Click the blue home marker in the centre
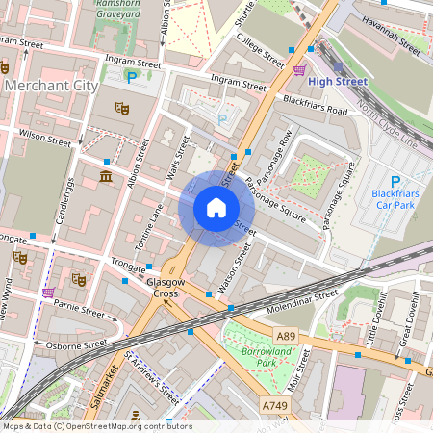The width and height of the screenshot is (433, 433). coord(216,208)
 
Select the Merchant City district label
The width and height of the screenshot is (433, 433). coord(51,87)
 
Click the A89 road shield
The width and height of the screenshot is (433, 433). coord(285,337)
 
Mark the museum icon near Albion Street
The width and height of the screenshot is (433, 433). coord(106,178)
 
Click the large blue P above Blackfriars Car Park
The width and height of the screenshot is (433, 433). coord(395,181)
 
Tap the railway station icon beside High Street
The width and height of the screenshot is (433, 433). coord(299,69)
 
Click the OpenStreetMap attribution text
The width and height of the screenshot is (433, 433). coord(96,426)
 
